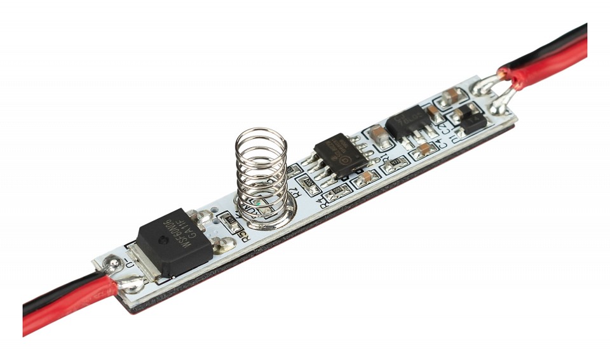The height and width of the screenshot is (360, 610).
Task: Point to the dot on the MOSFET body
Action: click(x=162, y=242)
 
